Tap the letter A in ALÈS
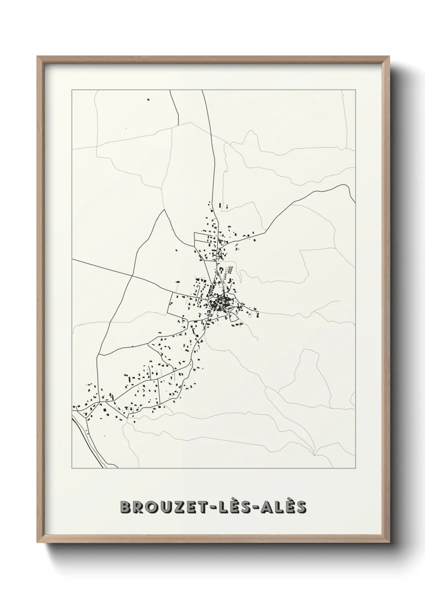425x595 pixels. click(x=263, y=507)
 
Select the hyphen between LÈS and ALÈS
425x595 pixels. click(x=253, y=508)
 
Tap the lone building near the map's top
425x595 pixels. click(x=148, y=100)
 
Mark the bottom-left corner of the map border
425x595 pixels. click(x=72, y=468)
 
